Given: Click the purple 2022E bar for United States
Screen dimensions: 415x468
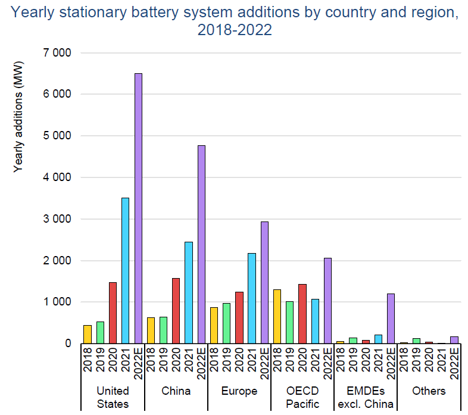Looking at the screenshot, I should click(x=138, y=208).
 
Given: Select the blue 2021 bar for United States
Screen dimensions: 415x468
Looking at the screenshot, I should click(x=125, y=270).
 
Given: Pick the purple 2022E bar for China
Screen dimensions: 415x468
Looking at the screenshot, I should click(x=201, y=244).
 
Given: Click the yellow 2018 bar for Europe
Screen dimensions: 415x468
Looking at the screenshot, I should click(x=214, y=325).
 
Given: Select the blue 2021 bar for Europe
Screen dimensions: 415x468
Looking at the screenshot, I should click(x=252, y=298).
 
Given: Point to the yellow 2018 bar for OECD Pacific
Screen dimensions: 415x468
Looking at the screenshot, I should click(x=277, y=316).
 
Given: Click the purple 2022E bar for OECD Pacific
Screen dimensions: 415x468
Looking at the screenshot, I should click(x=327, y=301).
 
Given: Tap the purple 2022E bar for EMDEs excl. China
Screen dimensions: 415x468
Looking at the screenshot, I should click(x=391, y=319).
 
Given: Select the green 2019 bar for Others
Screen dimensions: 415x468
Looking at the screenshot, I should click(x=416, y=341).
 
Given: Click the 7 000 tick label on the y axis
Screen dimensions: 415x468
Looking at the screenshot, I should click(x=57, y=53).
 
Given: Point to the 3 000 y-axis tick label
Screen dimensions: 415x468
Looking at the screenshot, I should click(x=57, y=219).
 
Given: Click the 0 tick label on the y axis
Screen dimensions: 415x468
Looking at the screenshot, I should click(x=67, y=344).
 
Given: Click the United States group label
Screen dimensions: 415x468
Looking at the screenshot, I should click(x=113, y=397).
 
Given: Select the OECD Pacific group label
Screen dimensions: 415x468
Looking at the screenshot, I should click(x=302, y=397).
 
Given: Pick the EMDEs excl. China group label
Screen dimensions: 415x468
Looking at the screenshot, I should click(x=366, y=397).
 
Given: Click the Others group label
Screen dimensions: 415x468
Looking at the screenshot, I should click(x=429, y=391).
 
